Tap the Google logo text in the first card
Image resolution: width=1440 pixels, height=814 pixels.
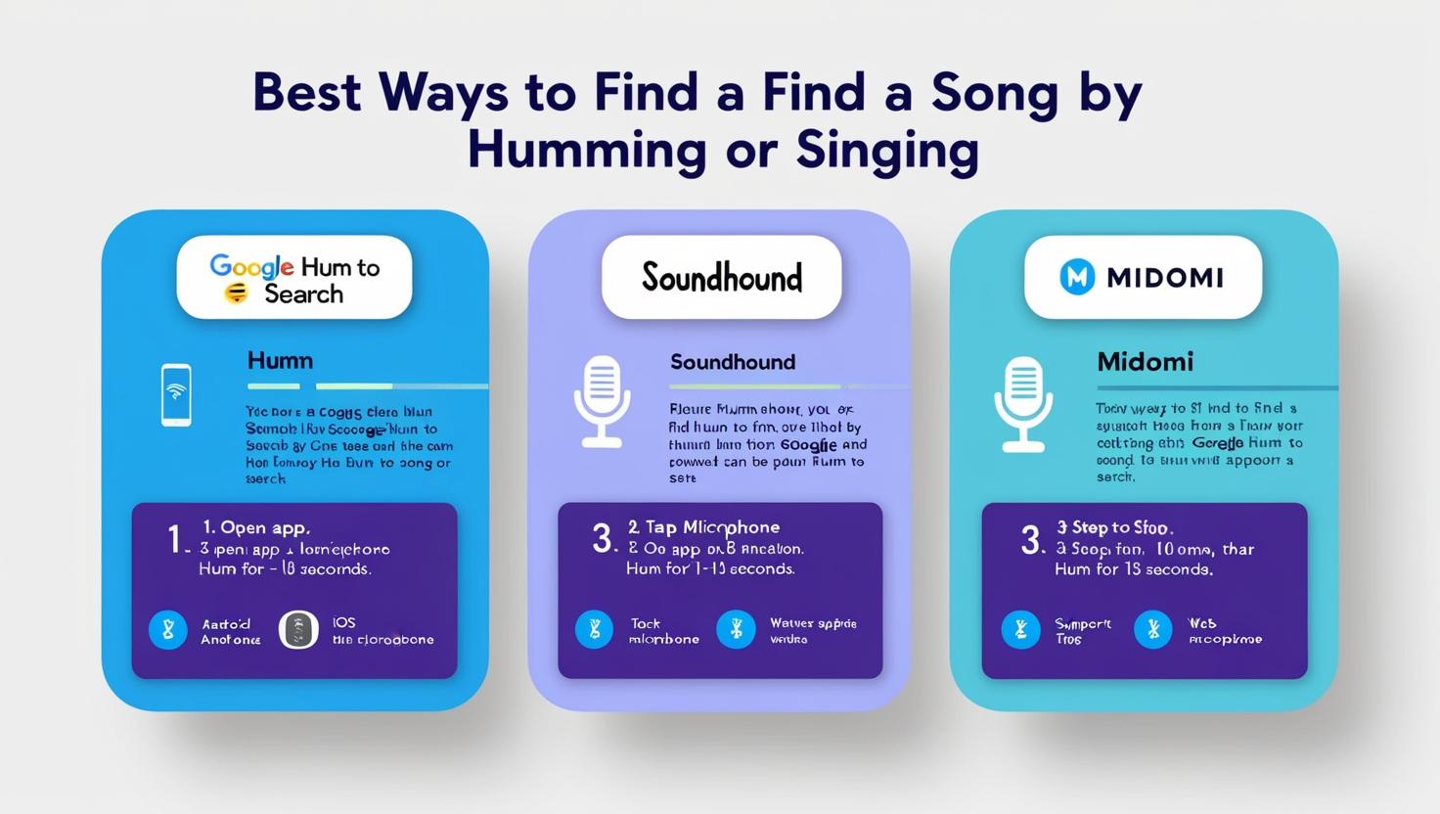point(251,266)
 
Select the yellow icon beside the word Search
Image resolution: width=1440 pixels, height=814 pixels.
point(236,293)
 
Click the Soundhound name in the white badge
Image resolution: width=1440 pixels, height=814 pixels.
point(722,278)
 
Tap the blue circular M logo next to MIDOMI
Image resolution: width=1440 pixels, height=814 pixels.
point(1077,277)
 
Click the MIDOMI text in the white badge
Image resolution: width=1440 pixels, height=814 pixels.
point(1164,278)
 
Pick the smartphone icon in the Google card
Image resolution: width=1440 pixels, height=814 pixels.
point(176,394)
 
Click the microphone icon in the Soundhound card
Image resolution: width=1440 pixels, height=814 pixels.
point(602,400)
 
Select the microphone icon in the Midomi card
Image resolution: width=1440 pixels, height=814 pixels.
point(1023,403)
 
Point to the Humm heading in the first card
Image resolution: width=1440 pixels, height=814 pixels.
point(280,360)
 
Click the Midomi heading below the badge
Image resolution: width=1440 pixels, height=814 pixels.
point(1145,362)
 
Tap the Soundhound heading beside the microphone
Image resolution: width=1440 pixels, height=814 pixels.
point(732,362)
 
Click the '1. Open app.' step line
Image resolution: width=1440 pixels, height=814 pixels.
point(256,527)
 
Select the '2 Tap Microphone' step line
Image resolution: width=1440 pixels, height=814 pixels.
point(703,527)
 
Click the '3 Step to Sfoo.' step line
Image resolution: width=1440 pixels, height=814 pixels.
point(1114,527)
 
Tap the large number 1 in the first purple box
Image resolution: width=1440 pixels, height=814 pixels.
point(174,539)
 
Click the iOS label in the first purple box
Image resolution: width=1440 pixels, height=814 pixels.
point(343,622)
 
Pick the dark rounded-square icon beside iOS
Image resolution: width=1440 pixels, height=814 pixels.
point(298,630)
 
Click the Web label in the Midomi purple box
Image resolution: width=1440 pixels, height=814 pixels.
point(1201,622)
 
